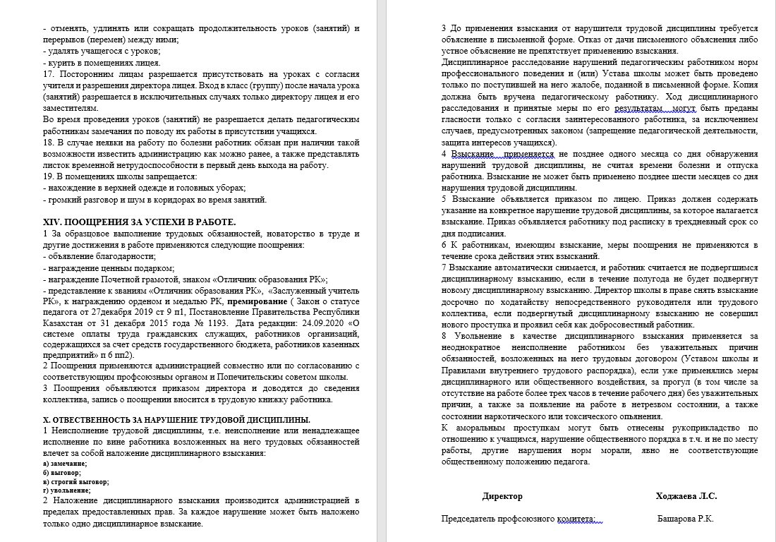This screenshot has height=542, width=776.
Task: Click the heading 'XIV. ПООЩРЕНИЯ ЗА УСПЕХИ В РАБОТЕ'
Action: pyautogui.click(x=140, y=222)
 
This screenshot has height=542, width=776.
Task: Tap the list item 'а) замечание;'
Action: pyautogui.click(x=65, y=463)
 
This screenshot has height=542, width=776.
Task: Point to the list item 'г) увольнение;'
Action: pyautogui.click(x=67, y=490)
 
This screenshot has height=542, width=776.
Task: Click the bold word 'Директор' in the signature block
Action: pyautogui.click(x=502, y=496)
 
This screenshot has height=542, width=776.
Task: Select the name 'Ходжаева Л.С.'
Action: pyautogui.click(x=686, y=496)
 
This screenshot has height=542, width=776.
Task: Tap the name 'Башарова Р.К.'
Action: pyautogui.click(x=685, y=519)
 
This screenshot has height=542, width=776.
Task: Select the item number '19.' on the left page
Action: pyautogui.click(x=49, y=176)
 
